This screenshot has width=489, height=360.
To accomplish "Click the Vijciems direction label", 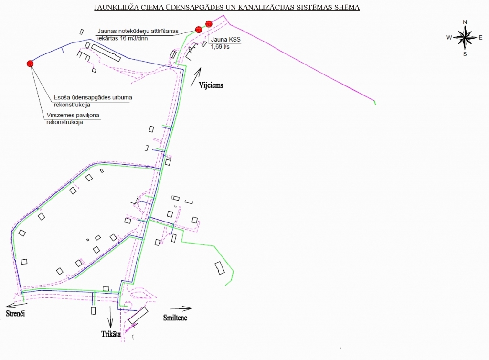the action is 211,85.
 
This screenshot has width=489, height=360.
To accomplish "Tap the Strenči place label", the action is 15,313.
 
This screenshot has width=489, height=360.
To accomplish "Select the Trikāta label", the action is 111,334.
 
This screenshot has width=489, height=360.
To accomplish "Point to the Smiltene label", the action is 175,318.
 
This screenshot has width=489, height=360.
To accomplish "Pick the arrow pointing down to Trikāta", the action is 110,317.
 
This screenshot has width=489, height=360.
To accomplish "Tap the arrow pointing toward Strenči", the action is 17,305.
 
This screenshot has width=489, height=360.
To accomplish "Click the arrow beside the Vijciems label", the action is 196,77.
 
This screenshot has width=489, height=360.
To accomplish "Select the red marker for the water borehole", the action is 30,64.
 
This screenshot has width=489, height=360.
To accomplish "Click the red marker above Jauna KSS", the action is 209,24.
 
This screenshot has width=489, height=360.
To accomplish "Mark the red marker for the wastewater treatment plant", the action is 199,30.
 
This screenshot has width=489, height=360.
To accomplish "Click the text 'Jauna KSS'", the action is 225,40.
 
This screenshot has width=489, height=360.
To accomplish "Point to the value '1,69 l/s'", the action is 220,47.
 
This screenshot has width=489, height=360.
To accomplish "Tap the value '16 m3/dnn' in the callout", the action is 134,38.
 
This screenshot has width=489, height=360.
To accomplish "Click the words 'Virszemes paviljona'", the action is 73,115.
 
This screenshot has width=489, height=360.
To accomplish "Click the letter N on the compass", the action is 465,22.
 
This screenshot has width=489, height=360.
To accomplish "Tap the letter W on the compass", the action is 449,37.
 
